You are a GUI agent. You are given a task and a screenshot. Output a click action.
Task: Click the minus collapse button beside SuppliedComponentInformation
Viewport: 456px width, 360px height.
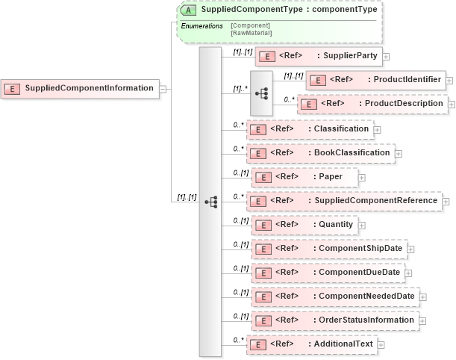pyautogui.click(x=162, y=88)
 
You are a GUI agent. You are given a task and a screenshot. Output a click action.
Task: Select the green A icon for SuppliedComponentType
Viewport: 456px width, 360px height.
pyautogui.click(x=190, y=10)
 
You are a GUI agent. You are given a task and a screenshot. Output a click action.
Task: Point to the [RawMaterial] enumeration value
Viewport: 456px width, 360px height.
pyautogui.click(x=252, y=33)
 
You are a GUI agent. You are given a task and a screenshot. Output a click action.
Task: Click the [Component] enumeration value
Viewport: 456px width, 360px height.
pyautogui.click(x=250, y=25)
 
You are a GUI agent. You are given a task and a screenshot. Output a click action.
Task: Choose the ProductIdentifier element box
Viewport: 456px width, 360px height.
pyautogui.click(x=375, y=80)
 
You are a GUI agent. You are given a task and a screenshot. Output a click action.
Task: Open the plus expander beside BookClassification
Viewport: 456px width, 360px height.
pyautogui.click(x=399, y=154)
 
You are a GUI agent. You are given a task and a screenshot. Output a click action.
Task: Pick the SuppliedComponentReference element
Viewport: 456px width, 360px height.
pyautogui.click(x=344, y=201)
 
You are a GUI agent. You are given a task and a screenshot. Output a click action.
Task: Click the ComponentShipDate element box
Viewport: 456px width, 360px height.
pyautogui.click(x=329, y=248)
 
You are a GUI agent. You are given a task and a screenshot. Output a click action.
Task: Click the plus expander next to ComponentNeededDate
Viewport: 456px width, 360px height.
pyautogui.click(x=423, y=297)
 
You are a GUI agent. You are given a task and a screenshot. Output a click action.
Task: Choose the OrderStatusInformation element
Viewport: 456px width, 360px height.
pyautogui.click(x=333, y=320)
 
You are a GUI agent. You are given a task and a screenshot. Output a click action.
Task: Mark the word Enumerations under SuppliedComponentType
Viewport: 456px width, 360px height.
pyautogui.click(x=202, y=26)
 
